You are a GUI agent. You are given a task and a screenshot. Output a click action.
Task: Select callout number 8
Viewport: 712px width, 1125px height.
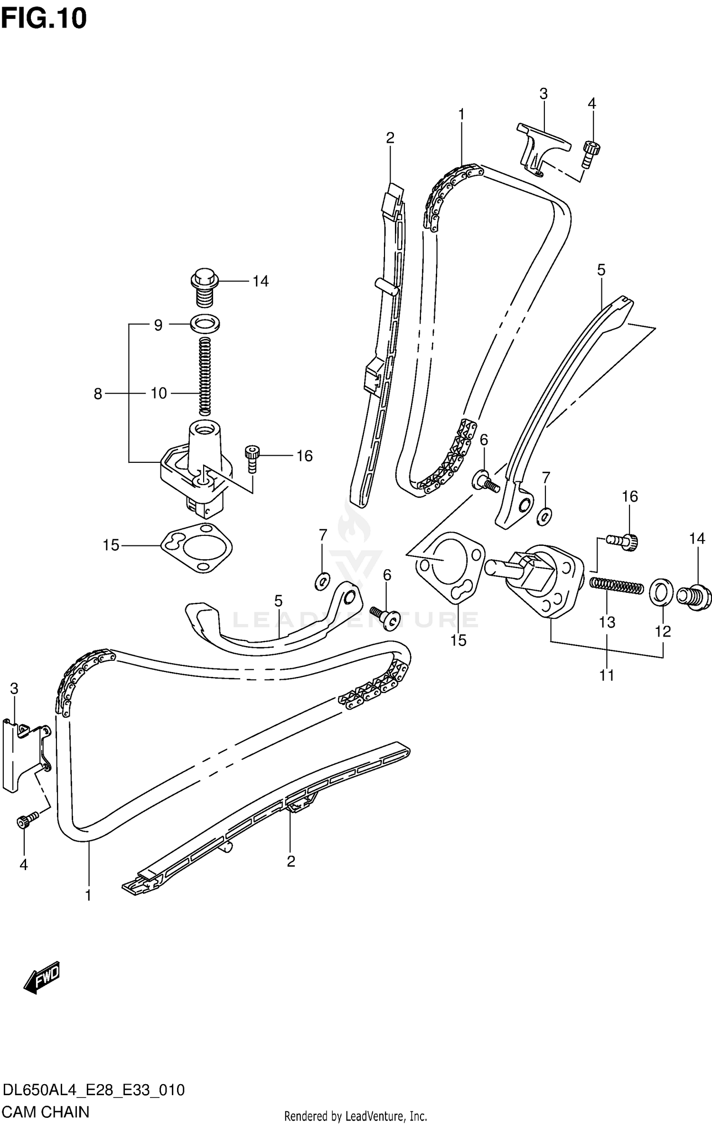(98, 394)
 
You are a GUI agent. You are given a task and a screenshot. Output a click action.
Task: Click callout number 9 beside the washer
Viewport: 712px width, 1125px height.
(158, 325)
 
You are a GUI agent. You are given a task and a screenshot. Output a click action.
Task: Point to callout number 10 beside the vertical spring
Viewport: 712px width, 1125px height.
(159, 394)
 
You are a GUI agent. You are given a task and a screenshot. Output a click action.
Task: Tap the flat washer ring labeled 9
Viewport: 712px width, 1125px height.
(205, 324)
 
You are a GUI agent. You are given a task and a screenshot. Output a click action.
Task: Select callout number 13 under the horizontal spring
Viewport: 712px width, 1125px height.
(607, 622)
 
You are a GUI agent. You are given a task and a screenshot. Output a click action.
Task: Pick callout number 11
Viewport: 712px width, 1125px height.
(607, 675)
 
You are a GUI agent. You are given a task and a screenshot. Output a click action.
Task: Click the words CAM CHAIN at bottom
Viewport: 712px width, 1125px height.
(46, 1112)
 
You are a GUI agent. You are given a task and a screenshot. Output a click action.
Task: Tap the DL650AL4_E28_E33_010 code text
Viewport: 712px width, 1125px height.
(94, 1090)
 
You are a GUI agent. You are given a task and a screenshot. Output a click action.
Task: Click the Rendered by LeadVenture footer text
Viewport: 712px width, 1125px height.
(356, 1116)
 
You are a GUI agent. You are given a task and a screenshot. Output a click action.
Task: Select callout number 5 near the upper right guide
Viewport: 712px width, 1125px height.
(601, 270)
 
